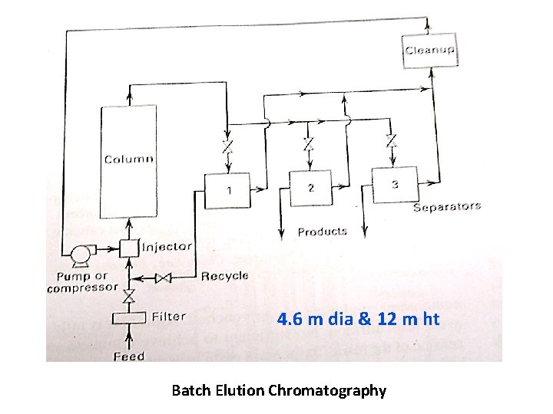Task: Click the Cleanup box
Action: (x=430, y=51)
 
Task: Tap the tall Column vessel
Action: (x=128, y=161)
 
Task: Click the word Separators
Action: (x=446, y=206)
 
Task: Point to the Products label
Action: (x=322, y=232)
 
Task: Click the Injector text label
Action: (x=167, y=247)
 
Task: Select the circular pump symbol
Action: (x=78, y=253)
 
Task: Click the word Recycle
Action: (x=224, y=275)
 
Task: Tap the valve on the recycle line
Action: (x=163, y=279)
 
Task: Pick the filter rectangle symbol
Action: (x=128, y=317)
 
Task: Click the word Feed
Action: (x=128, y=356)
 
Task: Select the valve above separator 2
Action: (x=308, y=144)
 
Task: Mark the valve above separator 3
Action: (x=392, y=141)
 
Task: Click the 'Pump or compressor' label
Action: (x=82, y=282)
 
